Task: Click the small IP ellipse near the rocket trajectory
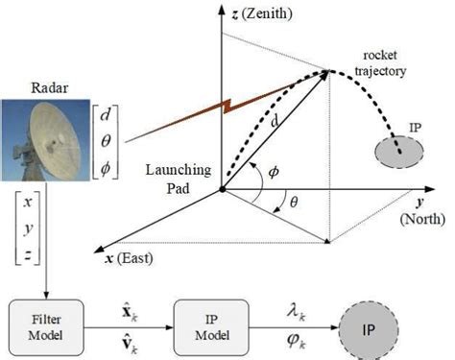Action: click(x=395, y=150)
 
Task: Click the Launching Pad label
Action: click(x=174, y=177)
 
